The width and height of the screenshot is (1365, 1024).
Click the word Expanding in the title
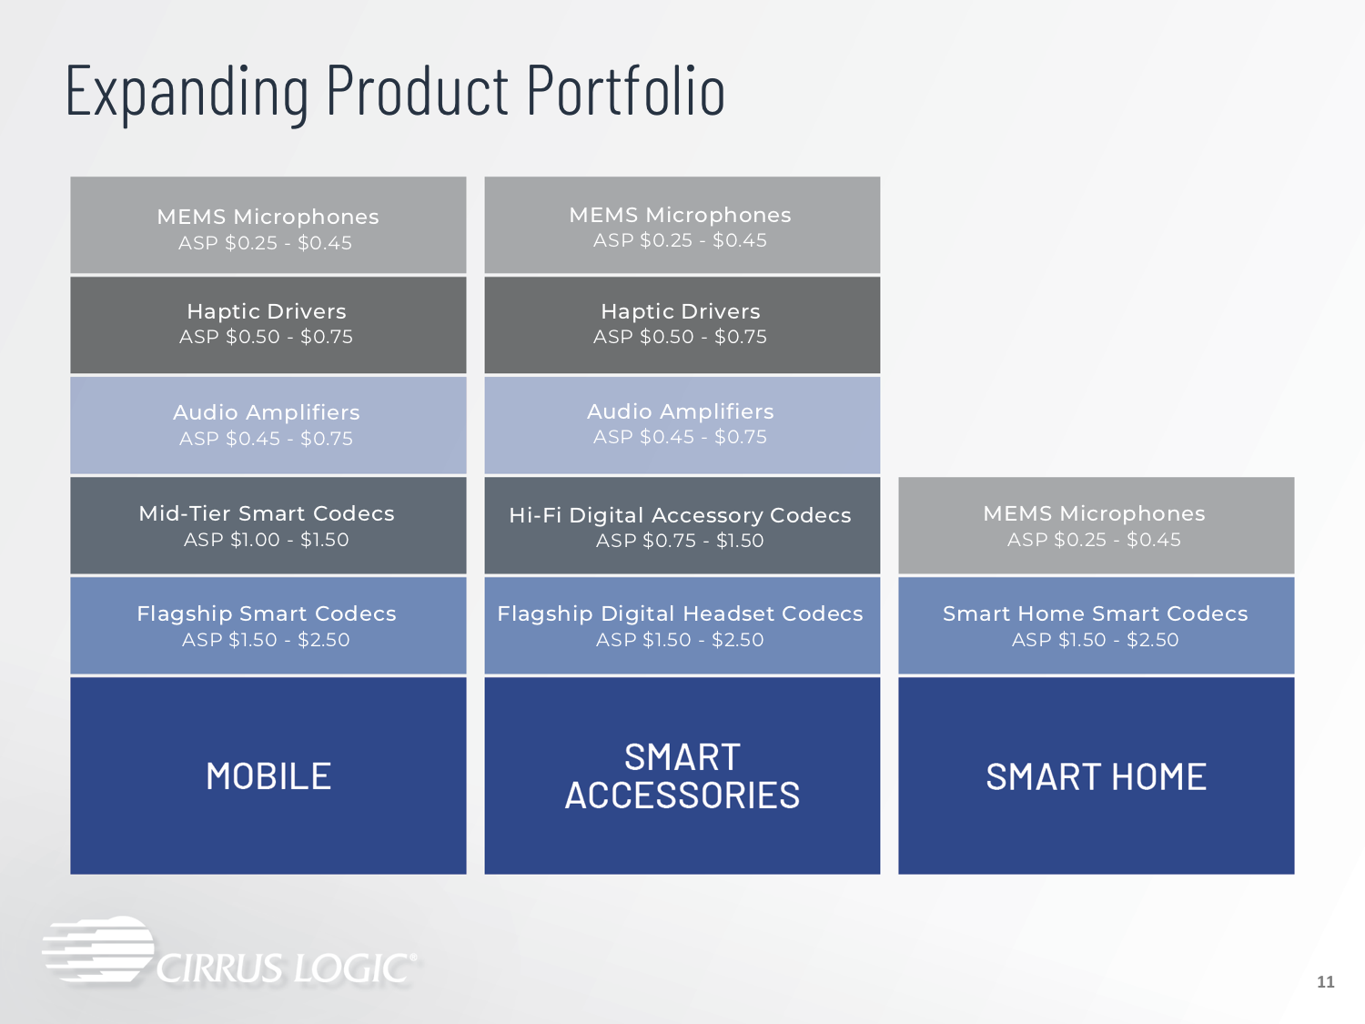[x=187, y=92]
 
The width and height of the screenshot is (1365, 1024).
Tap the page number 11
[x=1325, y=982]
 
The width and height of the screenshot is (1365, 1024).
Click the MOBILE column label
[x=268, y=776]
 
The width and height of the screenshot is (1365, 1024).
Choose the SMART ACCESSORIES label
[x=682, y=776]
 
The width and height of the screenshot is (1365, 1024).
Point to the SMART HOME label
[x=1096, y=776]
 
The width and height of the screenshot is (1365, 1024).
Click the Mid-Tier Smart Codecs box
[x=268, y=525]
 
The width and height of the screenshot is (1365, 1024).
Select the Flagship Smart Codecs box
[x=268, y=625]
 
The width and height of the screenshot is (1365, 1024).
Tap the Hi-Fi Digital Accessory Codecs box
[x=682, y=525]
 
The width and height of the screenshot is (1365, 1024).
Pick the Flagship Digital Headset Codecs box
[x=682, y=625]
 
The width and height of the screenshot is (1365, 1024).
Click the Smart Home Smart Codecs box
[x=1097, y=625]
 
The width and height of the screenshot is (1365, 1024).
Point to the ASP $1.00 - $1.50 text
[x=266, y=540]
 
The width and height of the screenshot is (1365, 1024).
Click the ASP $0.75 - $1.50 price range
[x=680, y=541]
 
